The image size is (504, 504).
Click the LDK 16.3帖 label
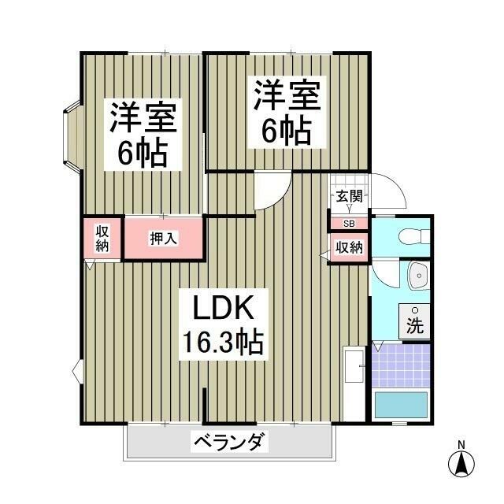pos(223,324)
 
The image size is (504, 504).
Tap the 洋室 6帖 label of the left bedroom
pos(143,134)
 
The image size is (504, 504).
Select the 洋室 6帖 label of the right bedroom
pos(286,112)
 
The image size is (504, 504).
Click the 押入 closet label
pos(163,238)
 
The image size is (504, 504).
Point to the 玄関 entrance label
pos(348,197)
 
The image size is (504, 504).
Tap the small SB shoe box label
pos(349,224)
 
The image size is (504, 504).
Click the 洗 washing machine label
pos(414,324)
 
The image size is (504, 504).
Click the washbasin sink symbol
pos(417,275)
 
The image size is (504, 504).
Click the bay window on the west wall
pos(71,135)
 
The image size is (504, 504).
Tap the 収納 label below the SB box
pos(349,248)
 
